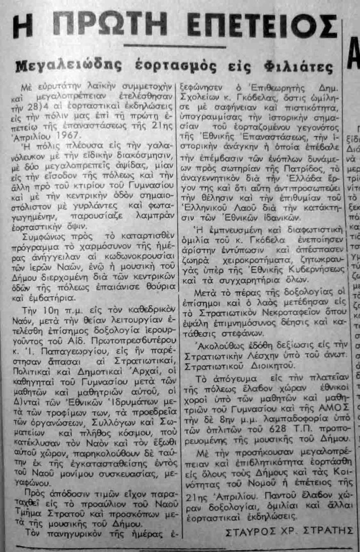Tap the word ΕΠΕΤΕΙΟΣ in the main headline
click(x=262, y=24)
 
